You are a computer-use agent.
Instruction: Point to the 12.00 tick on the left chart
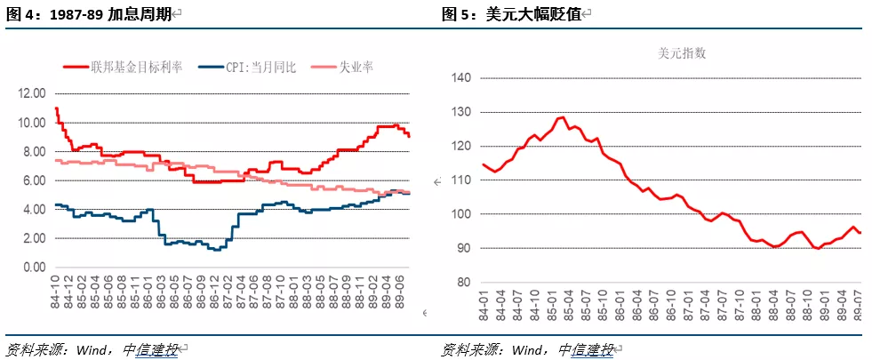32,93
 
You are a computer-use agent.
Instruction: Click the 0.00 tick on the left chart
35,268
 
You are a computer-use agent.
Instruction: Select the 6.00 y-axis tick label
35,180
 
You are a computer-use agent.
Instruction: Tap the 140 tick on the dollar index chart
461,77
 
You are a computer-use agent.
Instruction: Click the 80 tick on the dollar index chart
464,283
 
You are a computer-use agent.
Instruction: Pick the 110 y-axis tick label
461,180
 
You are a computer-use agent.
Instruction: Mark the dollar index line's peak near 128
561,117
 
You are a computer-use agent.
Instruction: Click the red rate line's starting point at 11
57,108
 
